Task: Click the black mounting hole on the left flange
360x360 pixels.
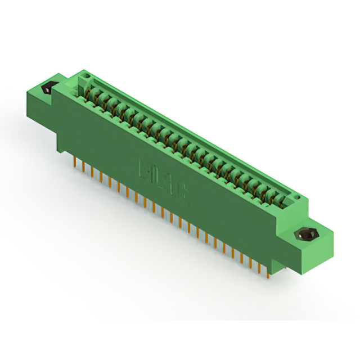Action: click(x=48, y=88)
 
